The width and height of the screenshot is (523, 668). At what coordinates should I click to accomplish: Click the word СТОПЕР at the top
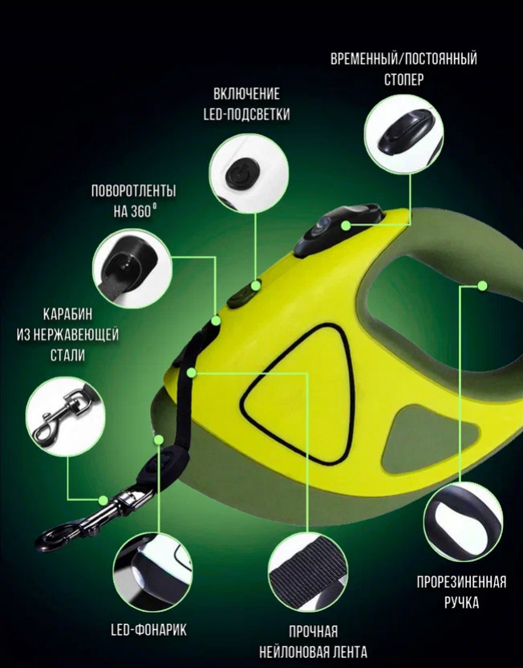(403, 79)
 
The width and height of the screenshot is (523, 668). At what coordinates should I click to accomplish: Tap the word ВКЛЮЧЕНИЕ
(246, 94)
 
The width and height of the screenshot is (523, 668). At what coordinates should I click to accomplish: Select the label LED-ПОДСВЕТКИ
(246, 114)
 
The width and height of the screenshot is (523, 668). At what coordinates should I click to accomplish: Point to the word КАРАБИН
(67, 315)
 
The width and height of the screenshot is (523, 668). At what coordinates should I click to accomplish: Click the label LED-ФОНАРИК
(148, 629)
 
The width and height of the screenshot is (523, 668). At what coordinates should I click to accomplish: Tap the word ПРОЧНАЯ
(313, 631)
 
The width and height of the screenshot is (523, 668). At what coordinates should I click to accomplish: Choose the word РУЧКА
(462, 602)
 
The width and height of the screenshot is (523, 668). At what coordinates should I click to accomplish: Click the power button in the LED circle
(241, 173)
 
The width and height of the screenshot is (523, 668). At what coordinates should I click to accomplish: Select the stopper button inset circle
(403, 133)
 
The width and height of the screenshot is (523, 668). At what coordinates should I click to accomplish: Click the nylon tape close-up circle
(308, 572)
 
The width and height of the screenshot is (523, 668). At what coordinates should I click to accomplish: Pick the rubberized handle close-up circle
(463, 521)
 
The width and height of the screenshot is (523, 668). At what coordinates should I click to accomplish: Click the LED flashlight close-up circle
(152, 572)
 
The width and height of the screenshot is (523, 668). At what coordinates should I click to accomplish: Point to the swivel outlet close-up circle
(132, 267)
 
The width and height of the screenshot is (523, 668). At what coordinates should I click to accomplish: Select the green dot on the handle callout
(482, 286)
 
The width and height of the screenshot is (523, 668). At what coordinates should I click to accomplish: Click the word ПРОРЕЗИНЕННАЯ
(462, 581)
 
